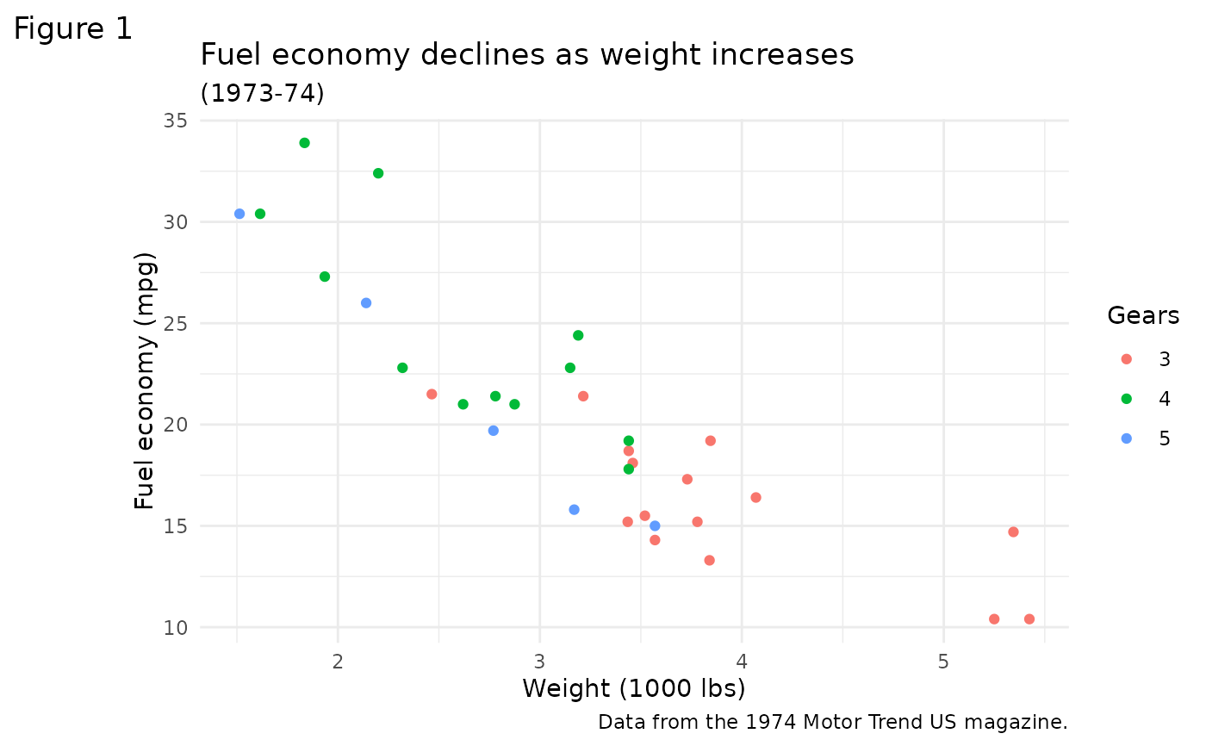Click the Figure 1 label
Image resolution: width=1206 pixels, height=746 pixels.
tap(73, 29)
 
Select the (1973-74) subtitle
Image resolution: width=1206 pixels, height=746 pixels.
tap(262, 93)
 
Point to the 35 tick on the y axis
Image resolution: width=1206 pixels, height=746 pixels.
tap(176, 121)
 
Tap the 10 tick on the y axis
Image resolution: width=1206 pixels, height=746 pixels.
tap(176, 627)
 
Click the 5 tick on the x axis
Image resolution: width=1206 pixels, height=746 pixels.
tap(943, 661)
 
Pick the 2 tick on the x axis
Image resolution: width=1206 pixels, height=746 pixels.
tap(338, 661)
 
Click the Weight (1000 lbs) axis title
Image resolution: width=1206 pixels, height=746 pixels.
tap(633, 689)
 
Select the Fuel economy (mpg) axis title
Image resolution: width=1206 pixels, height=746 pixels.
tap(146, 381)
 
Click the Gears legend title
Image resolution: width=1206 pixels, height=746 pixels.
tap(1143, 316)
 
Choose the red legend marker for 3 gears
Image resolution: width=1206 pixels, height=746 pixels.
tap(1126, 359)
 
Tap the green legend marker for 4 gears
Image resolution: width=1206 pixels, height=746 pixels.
tap(1126, 399)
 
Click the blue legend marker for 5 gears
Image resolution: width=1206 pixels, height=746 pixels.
tap(1126, 438)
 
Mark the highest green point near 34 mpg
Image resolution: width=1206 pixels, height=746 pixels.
tap(304, 143)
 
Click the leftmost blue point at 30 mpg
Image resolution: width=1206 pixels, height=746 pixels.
tap(239, 214)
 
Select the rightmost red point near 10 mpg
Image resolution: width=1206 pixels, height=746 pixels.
tap(1029, 619)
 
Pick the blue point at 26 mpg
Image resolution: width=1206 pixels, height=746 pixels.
tap(366, 303)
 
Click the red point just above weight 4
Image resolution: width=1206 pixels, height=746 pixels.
tap(755, 498)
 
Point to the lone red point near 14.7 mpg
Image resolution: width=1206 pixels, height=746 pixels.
tap(1013, 532)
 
